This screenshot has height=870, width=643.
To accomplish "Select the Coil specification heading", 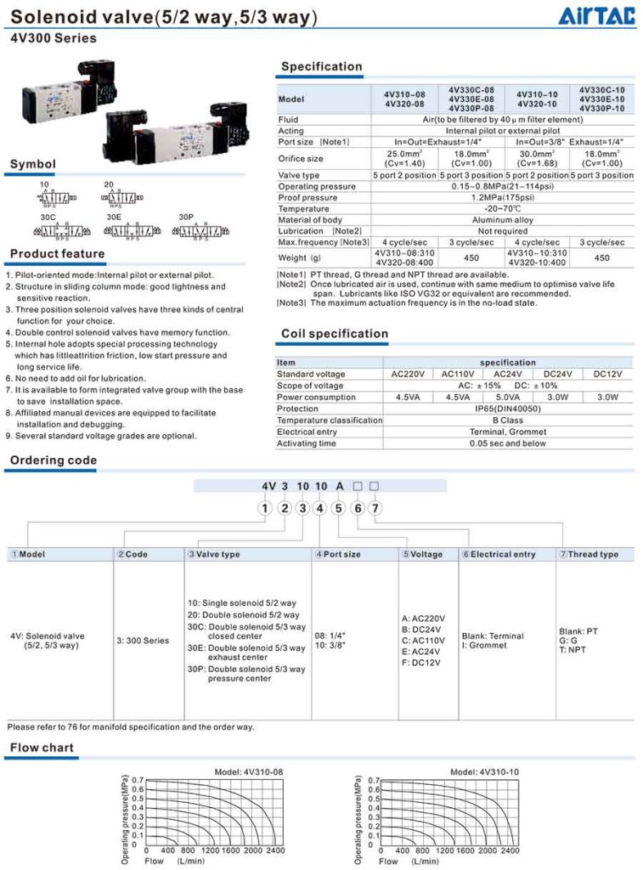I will click(334, 334).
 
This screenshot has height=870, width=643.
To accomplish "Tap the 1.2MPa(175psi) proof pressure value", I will click(502, 198).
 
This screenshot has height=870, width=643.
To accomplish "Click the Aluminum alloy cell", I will click(502, 220).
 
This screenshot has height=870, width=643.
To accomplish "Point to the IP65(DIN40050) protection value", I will click(507, 409).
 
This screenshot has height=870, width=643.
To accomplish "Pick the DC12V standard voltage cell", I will click(607, 374).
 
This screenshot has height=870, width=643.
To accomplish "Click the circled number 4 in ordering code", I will click(319, 508).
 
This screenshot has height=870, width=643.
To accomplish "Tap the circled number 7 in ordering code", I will click(375, 508).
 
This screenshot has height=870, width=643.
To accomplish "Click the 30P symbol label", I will click(186, 217).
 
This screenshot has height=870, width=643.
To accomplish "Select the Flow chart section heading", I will click(42, 749).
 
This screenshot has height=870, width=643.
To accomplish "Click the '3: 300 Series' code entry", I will click(143, 641).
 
